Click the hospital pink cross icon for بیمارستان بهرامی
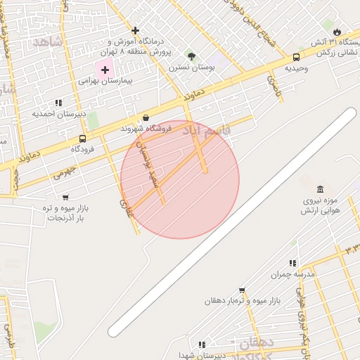tap(106, 70)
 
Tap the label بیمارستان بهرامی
tap(105, 81)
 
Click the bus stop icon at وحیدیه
tap(296, 58)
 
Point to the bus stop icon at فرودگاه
tap(82, 139)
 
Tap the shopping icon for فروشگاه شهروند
tap(146, 117)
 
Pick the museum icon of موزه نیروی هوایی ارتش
tap(321, 189)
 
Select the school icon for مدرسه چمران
tap(293, 263)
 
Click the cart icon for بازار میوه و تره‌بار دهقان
tap(242, 290)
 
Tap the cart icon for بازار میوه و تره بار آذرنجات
tap(65, 198)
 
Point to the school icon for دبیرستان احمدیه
tap(59, 103)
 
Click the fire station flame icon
tap(337, 32)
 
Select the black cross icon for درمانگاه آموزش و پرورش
tap(135, 30)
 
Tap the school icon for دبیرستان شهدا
tap(202, 345)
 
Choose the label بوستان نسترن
tap(190, 68)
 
